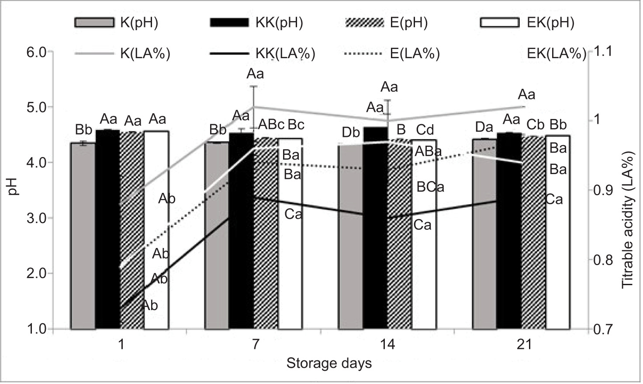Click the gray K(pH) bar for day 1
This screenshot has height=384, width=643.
click(83, 236)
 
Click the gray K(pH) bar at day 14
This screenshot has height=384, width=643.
click(351, 236)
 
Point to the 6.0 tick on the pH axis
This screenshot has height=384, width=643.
click(37, 52)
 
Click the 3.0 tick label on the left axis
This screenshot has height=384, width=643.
click(37, 218)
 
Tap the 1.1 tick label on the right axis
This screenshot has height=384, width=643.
click(602, 52)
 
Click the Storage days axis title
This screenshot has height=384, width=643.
click(329, 363)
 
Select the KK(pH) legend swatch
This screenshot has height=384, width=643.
click(229, 22)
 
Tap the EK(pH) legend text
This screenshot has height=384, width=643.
click(550, 23)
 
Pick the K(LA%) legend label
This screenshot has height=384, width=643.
click(145, 54)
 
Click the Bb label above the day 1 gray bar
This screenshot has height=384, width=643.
click(83, 130)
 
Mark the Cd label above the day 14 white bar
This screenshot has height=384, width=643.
click(425, 130)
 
